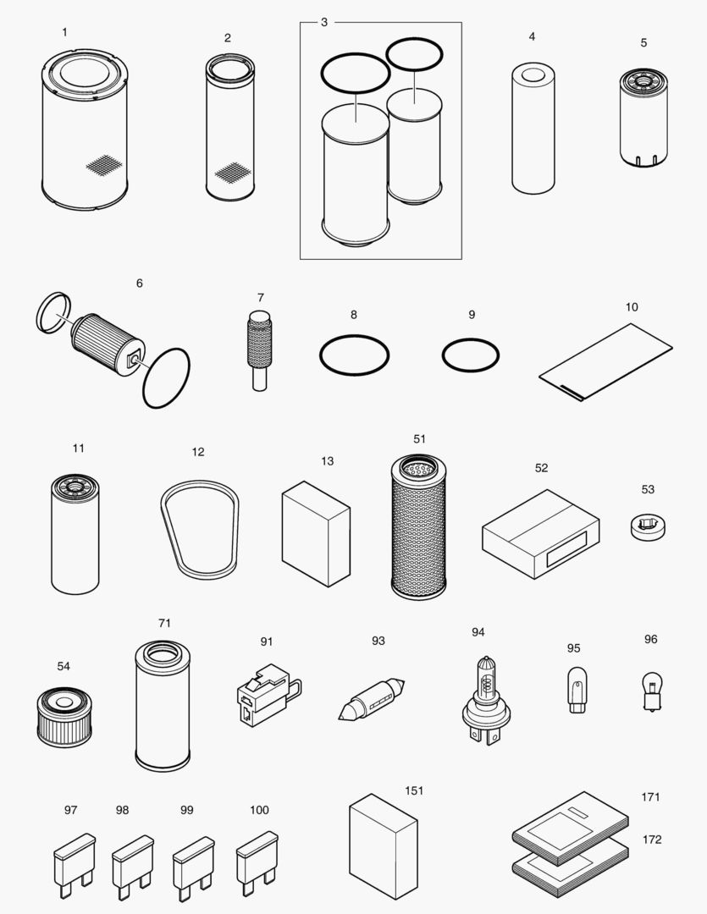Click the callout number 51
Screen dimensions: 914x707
(420, 439)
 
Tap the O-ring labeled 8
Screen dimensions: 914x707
(354, 355)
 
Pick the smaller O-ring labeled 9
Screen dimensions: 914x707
(471, 355)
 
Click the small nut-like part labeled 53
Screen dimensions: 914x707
(648, 526)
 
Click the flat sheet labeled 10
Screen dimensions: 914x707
(606, 359)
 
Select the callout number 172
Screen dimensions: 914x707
(652, 840)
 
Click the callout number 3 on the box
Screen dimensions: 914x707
(323, 22)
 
